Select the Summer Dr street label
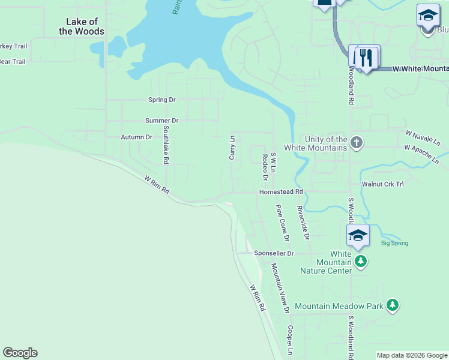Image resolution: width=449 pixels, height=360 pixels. point(162,121)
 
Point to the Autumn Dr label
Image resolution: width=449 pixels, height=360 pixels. point(136,137)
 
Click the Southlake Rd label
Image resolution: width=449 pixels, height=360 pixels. point(166,145)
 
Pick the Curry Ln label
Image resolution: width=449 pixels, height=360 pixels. point(232,148)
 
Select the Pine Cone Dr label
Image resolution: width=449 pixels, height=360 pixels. point(282,223)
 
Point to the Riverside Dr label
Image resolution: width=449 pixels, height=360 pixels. point(303,223)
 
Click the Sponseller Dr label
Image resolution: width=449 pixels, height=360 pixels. point(274,253)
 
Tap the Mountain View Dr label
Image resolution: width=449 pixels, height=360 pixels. point(280,288)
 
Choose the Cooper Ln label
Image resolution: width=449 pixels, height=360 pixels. point(289,340)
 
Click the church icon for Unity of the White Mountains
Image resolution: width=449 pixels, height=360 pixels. point(357,143)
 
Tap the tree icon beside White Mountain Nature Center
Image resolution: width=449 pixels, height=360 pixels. point(360,260)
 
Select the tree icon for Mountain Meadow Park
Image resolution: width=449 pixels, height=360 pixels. point(393,305)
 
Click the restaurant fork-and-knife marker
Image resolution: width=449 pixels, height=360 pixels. point(366,58)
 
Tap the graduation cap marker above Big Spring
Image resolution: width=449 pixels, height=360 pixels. point(358,235)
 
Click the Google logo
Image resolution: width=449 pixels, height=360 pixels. point(20,353)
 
